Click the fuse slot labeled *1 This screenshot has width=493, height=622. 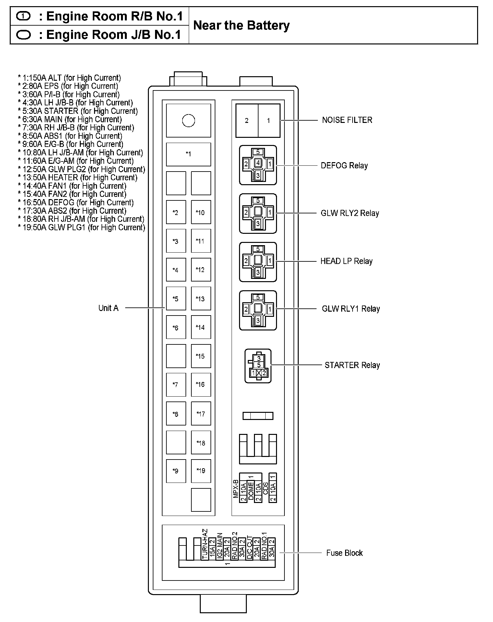(188, 154)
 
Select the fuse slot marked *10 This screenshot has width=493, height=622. (201, 212)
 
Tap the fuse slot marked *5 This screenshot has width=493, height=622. (176, 298)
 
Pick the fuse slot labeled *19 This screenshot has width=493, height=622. (201, 471)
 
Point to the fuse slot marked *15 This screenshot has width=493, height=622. (201, 356)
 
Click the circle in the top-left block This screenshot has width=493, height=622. (188, 121)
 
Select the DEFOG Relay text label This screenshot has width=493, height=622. (344, 165)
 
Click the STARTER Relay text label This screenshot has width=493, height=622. (352, 365)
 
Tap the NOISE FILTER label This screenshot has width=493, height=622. (347, 120)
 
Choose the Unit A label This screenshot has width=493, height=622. (108, 308)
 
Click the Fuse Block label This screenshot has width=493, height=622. (344, 553)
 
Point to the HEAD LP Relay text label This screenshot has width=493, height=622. (346, 261)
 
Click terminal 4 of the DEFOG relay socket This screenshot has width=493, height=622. (258, 162)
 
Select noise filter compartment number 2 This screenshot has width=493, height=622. (246, 121)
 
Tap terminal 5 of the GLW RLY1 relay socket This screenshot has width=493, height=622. (258, 297)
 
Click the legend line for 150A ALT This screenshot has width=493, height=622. (69, 78)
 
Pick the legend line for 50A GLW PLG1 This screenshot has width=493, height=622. (81, 227)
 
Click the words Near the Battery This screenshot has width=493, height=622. (241, 25)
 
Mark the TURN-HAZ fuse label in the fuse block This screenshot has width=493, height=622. (205, 544)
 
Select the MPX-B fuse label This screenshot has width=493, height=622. (236, 489)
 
